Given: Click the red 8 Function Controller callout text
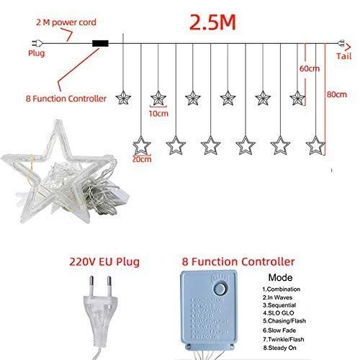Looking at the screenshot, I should [66, 98].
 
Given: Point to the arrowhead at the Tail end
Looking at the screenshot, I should [341, 42].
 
